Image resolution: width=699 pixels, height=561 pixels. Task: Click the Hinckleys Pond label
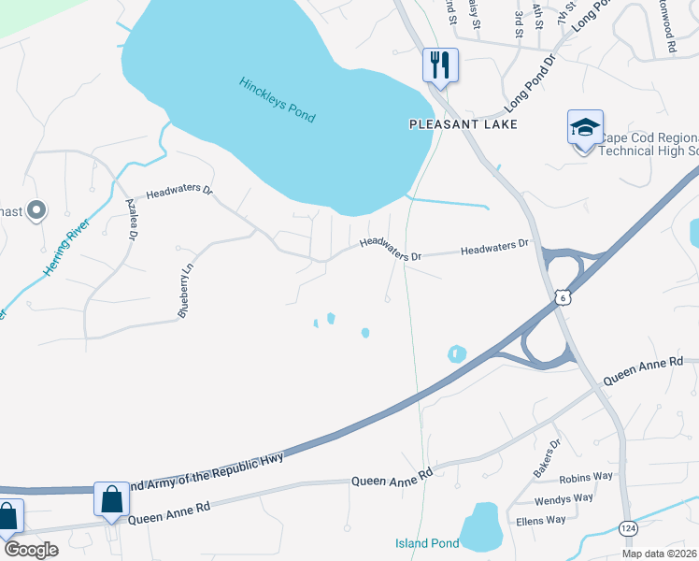coord(277,99)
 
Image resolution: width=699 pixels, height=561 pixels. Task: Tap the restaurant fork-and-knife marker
coord(440,65)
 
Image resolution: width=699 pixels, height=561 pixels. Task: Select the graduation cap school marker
coord(585,128)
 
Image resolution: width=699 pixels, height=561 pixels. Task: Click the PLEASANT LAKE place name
coord(463,123)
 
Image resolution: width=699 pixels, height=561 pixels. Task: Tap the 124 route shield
coord(629,529)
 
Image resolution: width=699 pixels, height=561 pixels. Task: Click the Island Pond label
coord(427,543)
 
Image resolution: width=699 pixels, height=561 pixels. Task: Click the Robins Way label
coord(586,476)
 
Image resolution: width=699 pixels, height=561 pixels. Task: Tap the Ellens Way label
coord(541,520)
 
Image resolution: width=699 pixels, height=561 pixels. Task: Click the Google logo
coord(30,550)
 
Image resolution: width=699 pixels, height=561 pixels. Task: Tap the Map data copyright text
coord(659,554)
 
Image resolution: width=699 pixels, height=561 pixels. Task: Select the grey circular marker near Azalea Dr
coord(36,210)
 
